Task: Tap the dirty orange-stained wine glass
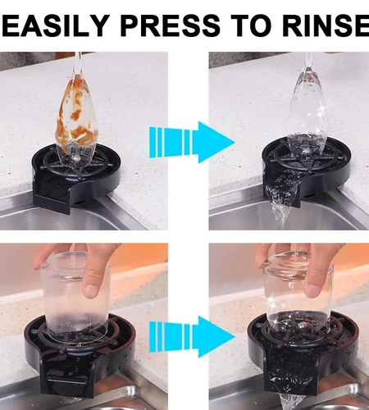coord(75,119)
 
